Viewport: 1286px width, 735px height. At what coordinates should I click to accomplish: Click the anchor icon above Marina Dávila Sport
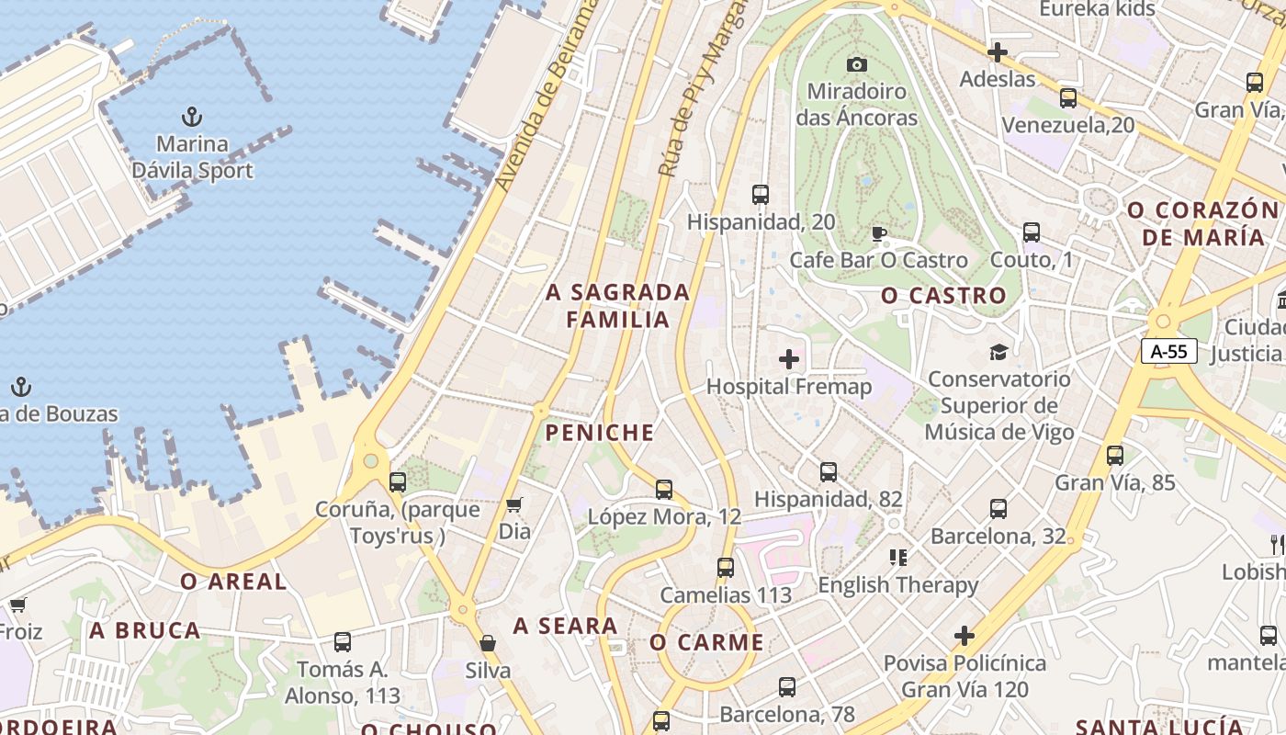point(192,117)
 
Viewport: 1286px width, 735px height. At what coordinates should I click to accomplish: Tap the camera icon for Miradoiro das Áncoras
point(857,64)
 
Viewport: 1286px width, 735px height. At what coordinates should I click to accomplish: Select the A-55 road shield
point(1169,350)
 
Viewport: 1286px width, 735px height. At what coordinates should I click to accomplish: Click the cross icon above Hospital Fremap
point(789,359)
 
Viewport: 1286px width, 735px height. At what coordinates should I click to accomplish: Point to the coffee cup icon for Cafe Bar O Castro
point(879,233)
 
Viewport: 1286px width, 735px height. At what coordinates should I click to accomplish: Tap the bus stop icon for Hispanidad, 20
point(761,195)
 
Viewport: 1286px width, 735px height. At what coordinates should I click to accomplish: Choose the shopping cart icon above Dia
point(514,504)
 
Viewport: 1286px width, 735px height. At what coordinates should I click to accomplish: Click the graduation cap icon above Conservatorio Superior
point(998,352)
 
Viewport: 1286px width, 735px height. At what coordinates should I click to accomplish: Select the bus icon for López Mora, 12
point(664,490)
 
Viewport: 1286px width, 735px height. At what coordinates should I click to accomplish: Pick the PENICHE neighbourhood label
point(600,433)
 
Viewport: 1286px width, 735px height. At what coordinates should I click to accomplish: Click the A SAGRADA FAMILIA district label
point(617,306)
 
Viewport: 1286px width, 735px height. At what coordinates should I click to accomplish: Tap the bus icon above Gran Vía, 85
point(1115,455)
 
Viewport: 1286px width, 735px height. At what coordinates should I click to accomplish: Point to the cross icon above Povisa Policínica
point(964,635)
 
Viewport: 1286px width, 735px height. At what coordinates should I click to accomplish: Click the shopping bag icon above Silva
point(488,643)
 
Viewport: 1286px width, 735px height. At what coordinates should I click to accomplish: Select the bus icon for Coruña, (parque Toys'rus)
point(398,481)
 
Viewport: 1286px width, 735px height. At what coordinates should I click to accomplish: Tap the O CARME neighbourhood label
point(706,642)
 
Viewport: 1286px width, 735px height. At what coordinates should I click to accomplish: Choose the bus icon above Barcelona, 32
point(998,508)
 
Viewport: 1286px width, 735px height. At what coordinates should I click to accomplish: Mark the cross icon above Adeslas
point(998,52)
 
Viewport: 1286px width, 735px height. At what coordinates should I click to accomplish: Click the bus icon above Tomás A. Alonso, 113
point(343,642)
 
